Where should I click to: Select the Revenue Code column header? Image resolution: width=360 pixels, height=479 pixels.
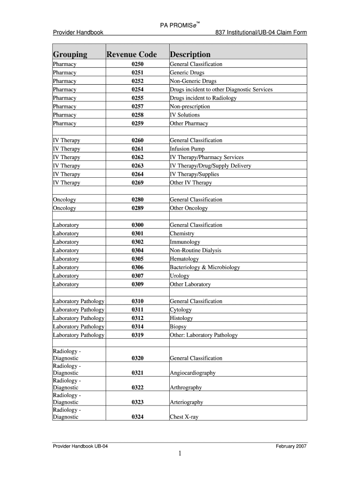132,54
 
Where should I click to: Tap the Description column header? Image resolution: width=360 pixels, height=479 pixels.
190,54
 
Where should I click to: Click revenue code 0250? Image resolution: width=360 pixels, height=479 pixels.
137,64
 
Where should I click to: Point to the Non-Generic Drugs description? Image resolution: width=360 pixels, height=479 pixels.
193,81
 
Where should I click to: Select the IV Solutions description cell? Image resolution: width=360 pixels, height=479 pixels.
185,115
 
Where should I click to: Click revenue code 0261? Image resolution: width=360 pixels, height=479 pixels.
137,149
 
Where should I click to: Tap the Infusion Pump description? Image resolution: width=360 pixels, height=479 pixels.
187,149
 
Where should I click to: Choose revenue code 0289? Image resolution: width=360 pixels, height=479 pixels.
137,208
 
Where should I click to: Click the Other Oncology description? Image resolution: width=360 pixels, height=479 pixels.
189,208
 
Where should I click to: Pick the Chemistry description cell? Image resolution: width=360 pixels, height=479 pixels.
182,233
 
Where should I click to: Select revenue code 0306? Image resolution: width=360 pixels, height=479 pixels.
137,268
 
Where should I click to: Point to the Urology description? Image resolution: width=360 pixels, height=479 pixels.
180,276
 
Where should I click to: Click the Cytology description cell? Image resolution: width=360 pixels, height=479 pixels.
180,310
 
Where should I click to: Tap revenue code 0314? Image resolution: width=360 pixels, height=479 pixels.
137,327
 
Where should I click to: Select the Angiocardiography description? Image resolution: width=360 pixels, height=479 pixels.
193,373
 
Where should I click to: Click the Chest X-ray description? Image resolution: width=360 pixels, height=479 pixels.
184,416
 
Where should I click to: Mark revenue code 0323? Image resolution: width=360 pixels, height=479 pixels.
137,402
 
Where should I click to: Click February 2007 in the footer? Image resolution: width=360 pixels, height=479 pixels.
292,446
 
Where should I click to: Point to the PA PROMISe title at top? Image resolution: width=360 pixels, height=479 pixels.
180,25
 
